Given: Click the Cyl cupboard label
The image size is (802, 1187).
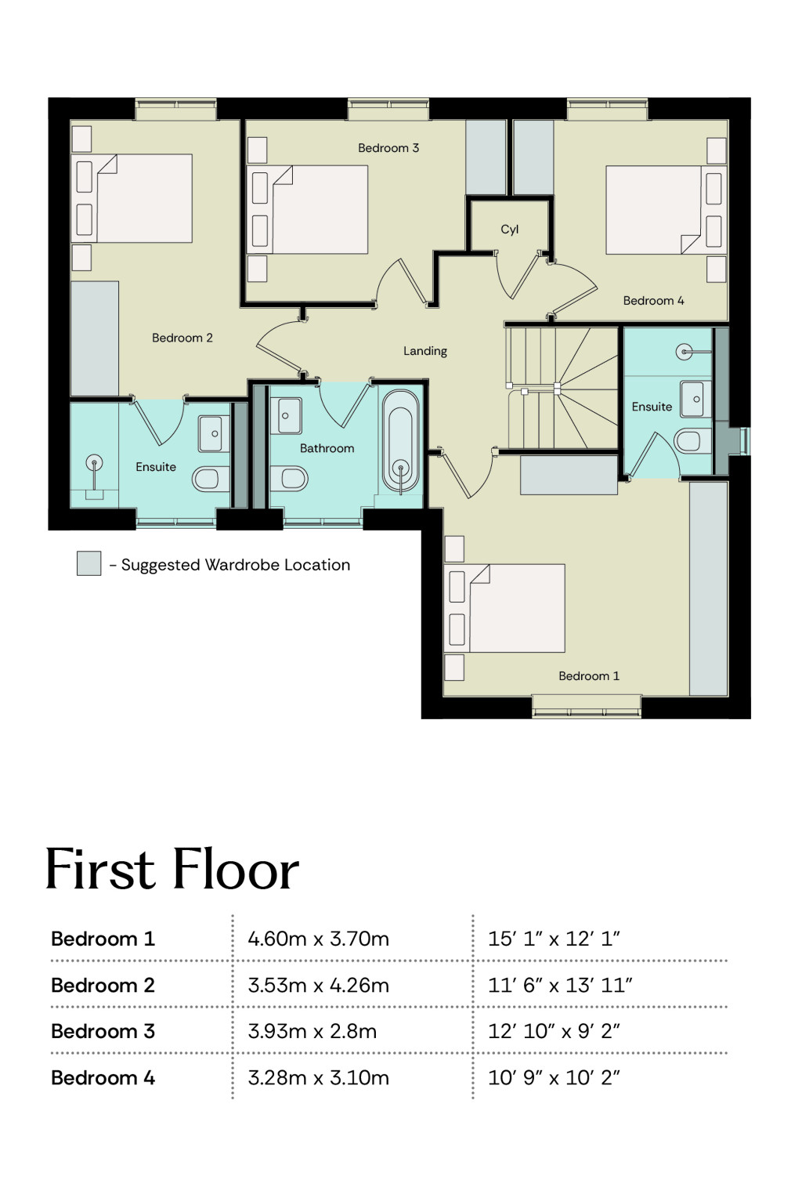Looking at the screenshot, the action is pyautogui.click(x=509, y=230).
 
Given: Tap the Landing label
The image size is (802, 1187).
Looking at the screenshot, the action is pyautogui.click(x=424, y=351).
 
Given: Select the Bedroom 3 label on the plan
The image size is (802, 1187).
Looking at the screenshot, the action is pyautogui.click(x=388, y=148).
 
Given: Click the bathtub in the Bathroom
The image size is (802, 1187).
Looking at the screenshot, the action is pyautogui.click(x=400, y=443).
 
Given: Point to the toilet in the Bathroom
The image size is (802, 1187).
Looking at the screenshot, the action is pyautogui.click(x=289, y=479).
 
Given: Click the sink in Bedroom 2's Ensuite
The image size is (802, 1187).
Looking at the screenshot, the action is pyautogui.click(x=214, y=433).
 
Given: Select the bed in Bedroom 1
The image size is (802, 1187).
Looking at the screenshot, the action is pyautogui.click(x=504, y=608).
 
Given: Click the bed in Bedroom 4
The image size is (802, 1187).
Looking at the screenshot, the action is pyautogui.click(x=667, y=210).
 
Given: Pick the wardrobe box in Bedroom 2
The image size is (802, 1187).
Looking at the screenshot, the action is pyautogui.click(x=94, y=338).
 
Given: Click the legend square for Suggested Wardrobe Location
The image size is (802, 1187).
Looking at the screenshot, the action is pyautogui.click(x=89, y=563).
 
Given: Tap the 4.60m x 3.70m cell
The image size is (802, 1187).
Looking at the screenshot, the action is pyautogui.click(x=318, y=939).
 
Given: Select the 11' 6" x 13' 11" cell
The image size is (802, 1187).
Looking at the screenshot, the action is pyautogui.click(x=561, y=985).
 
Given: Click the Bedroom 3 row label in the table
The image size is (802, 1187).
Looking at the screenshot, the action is pyautogui.click(x=103, y=1031).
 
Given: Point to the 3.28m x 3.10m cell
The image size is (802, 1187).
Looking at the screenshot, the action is pyautogui.click(x=318, y=1078).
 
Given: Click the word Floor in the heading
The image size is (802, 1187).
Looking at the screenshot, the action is pyautogui.click(x=236, y=870).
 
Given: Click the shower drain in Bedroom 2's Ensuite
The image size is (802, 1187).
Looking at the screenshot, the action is pyautogui.click(x=94, y=462).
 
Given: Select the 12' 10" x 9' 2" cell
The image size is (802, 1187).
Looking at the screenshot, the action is pyautogui.click(x=554, y=1031).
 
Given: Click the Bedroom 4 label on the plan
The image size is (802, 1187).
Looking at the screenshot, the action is pyautogui.click(x=653, y=301).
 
